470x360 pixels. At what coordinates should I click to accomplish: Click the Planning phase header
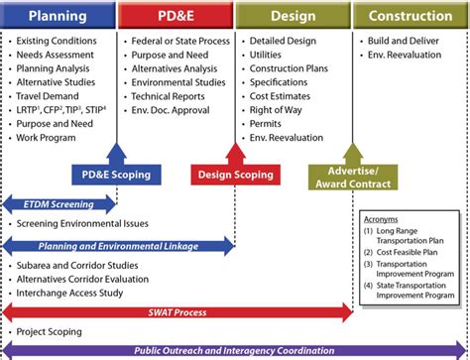click(x=58, y=16)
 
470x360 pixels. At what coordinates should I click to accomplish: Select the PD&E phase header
click(x=176, y=16)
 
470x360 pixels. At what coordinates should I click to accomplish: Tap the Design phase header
click(x=294, y=16)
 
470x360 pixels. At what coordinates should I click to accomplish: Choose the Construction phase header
click(x=411, y=16)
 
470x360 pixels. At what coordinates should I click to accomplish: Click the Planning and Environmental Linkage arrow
click(x=118, y=245)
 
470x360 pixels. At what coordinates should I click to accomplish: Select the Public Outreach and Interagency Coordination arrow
click(x=234, y=350)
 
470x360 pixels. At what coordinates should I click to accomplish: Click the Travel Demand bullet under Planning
click(x=49, y=96)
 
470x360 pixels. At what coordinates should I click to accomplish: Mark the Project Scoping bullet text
click(x=50, y=331)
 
